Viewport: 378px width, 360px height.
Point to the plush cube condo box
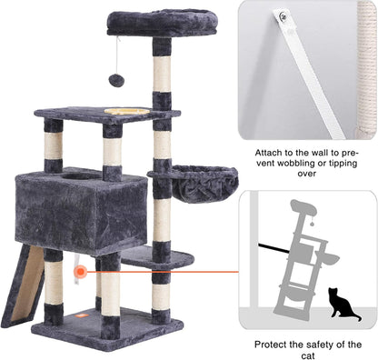coord(81,210)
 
